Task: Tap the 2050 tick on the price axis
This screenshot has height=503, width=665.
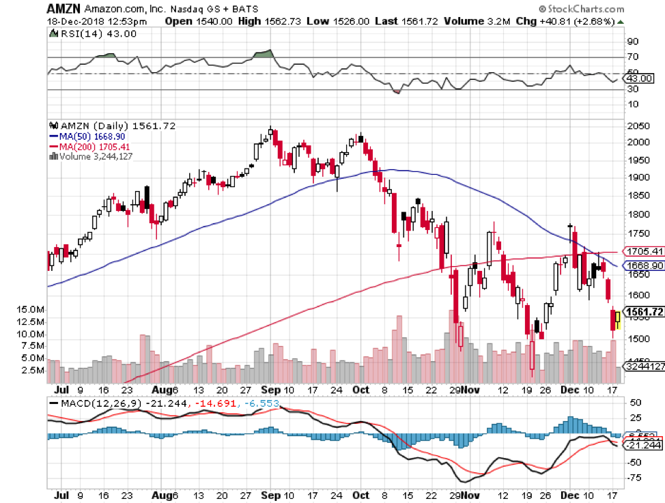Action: pyautogui.click(x=639, y=126)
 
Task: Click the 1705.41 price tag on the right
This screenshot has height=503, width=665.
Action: pyautogui.click(x=646, y=251)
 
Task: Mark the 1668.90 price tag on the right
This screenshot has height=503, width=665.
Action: pyautogui.click(x=646, y=265)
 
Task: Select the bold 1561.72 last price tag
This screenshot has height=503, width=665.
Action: pyautogui.click(x=645, y=313)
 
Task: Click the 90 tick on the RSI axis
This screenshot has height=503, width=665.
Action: pyautogui.click(x=633, y=41)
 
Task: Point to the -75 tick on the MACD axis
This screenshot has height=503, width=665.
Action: pyautogui.click(x=636, y=477)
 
